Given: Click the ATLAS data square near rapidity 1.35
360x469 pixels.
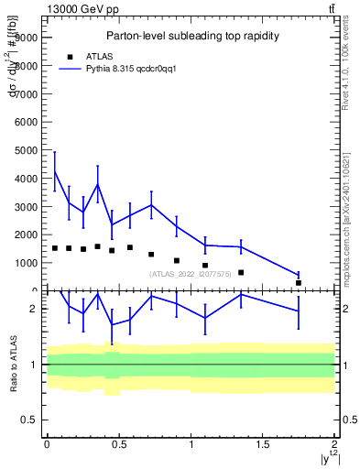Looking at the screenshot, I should pos(241,272).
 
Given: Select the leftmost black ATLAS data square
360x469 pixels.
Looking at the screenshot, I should pos(55,248).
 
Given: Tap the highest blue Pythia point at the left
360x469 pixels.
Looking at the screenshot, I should pos(55,170).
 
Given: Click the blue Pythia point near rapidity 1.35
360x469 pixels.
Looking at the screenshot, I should pos(241,246).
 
